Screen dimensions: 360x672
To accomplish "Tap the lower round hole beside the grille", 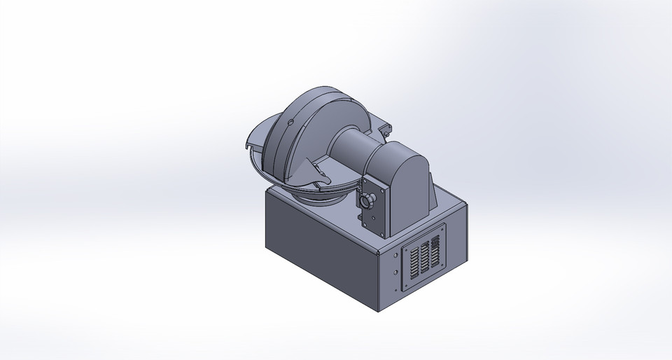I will tap(396, 272).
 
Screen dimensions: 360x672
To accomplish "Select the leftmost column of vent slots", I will tap(412, 263).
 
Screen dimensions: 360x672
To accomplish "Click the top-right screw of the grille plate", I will tap(442, 228).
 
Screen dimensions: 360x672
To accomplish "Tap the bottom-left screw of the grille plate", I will tap(405, 288).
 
